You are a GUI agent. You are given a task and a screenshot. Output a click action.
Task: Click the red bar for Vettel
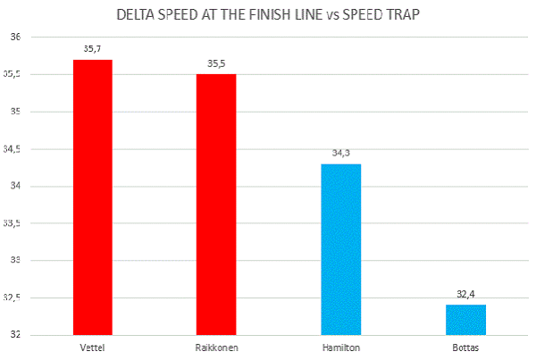point(92,197)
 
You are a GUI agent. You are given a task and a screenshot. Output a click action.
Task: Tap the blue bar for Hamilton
point(340,249)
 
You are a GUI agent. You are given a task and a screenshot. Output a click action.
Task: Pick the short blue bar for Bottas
point(465,320)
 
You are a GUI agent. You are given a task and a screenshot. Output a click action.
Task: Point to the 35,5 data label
point(216,64)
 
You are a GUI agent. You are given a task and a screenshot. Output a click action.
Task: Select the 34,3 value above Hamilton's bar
point(340,154)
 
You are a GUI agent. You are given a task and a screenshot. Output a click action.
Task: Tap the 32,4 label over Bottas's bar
point(465,294)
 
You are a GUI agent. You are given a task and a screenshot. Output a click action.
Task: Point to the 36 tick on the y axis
point(15,37)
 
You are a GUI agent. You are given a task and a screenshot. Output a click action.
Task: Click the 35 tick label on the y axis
point(15,112)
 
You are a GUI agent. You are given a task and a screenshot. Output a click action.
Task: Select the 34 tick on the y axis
point(15,186)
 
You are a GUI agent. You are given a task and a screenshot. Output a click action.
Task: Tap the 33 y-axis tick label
point(15,260)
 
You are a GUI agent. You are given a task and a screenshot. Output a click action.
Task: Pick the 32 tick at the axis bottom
point(15,334)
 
